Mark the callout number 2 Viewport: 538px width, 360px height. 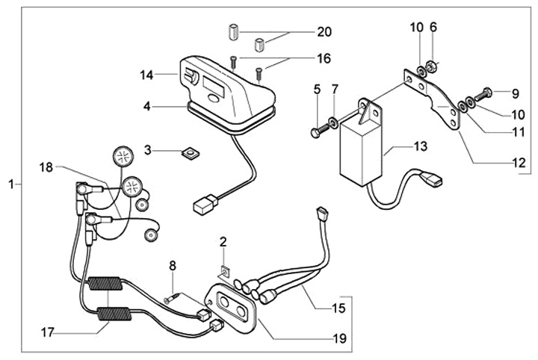223,241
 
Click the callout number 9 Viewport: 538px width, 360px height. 516,94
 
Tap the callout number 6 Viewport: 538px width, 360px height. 433,28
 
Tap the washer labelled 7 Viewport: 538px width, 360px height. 332,121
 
